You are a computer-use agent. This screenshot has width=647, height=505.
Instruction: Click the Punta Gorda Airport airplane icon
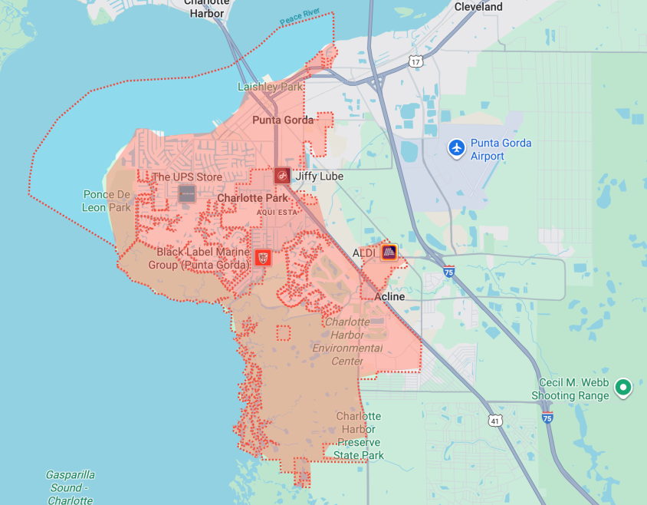tap(457, 147)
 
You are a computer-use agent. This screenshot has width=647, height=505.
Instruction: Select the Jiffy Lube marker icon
tap(282, 176)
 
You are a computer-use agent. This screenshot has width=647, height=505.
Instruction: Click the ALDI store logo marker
tap(389, 251)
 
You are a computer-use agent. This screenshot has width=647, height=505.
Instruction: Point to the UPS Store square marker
tap(186, 193)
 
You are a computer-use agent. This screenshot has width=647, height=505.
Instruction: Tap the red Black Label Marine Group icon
tap(262, 257)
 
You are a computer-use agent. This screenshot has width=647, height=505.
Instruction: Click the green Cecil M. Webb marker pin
tap(624, 388)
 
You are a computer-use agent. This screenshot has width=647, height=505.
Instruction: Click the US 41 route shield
tap(495, 421)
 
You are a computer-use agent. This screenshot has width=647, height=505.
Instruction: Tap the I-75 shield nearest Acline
tap(449, 271)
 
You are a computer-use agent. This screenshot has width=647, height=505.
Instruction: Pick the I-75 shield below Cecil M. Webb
tap(547, 418)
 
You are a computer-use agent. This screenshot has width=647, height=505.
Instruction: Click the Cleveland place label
tap(478, 7)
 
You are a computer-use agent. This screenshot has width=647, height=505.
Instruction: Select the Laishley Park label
tap(270, 87)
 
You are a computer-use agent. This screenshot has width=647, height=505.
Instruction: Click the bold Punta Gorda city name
tap(283, 120)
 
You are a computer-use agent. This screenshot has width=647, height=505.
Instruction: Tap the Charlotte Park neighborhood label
tap(252, 198)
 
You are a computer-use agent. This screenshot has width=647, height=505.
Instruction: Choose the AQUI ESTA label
tap(276, 211)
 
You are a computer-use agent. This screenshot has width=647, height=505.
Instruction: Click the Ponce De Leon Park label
tap(107, 201)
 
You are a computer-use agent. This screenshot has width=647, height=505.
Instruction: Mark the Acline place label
tap(389, 297)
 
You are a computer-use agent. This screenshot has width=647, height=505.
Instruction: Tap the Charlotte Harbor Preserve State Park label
tap(358, 435)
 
